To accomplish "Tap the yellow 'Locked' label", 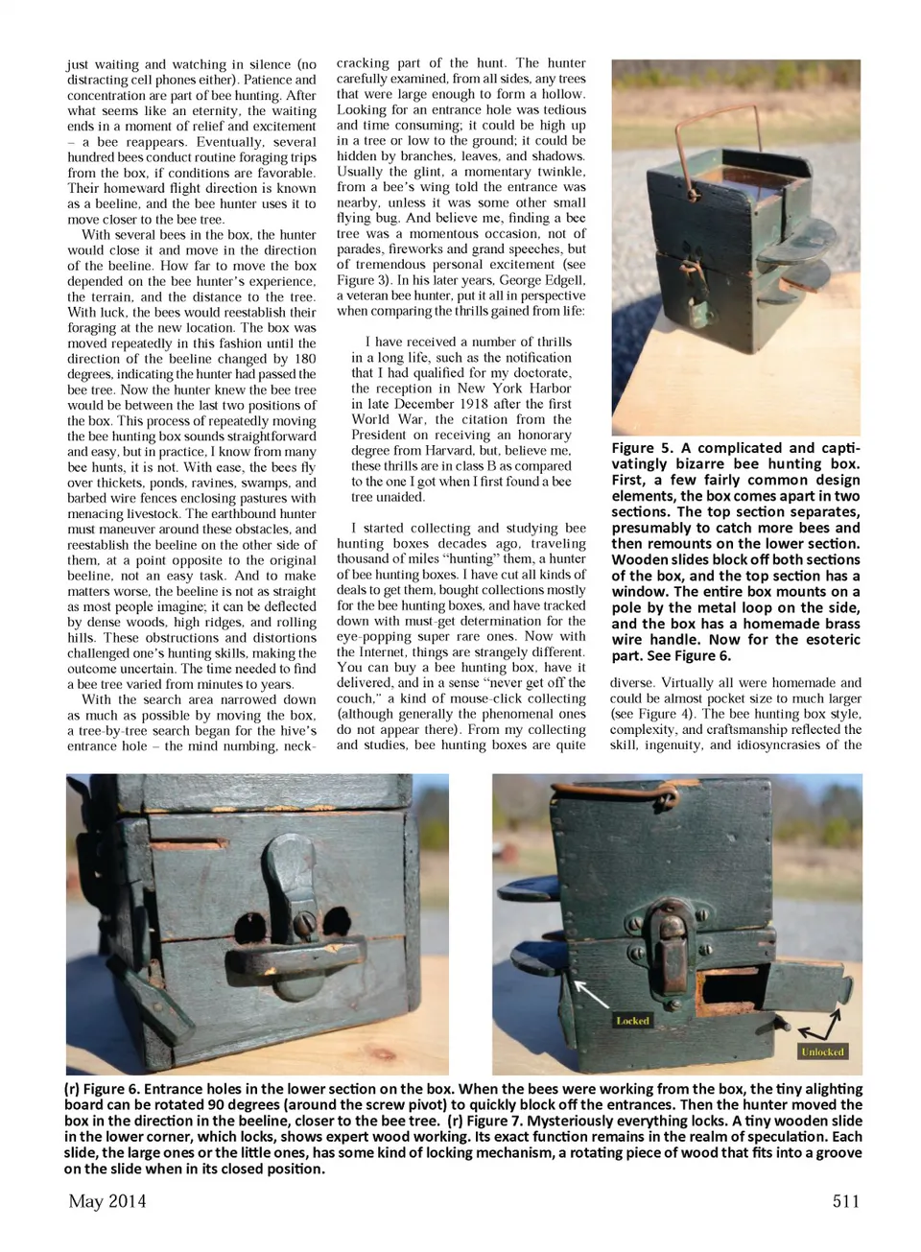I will [632, 1021].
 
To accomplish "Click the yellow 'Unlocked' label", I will [822, 1051].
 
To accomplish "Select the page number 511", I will [845, 1201].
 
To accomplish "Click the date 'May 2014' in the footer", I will [107, 1201].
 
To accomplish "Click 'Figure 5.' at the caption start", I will [643, 448].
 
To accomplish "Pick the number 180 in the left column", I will [303, 359].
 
